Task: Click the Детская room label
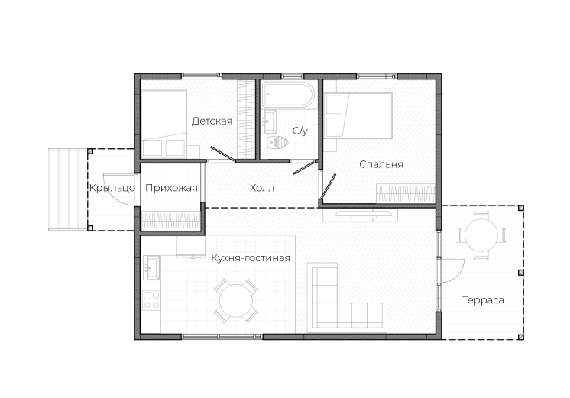212,121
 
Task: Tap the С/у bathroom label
300,131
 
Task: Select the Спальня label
381,164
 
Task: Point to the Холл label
262,188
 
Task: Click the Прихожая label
171,188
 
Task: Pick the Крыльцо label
112,188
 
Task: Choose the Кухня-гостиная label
251,258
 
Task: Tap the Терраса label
483,300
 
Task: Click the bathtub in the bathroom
287,94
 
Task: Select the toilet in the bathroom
278,143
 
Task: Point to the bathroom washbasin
270,121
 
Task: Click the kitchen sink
151,267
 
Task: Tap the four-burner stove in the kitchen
151,300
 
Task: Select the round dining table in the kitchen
236,301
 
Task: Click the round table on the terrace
481,235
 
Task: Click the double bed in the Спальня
359,115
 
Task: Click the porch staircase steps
68,189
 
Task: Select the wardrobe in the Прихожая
170,221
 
